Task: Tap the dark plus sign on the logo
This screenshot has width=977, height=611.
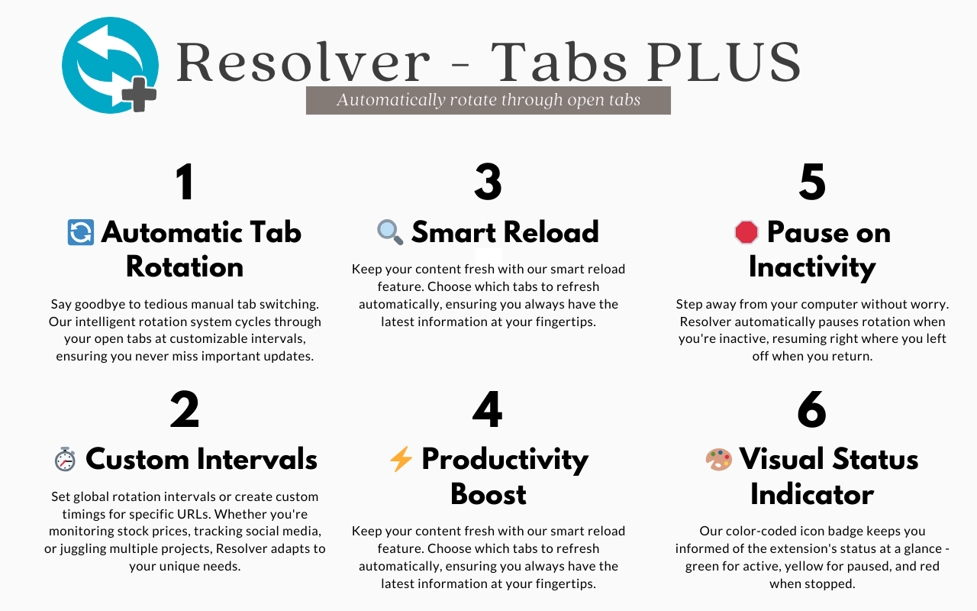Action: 139,95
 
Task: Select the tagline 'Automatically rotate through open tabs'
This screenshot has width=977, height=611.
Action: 488,100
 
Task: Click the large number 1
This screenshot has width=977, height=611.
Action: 185,183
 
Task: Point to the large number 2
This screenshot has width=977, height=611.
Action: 185,410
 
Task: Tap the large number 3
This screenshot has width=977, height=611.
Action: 488,183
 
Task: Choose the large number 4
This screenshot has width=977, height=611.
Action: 488,410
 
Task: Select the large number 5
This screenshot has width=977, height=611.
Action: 812,183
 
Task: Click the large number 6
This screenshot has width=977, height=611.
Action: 812,410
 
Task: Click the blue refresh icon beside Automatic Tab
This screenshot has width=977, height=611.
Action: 81,232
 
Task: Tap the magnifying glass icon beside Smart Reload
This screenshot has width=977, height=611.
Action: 390,232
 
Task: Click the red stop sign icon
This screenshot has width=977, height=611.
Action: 746,232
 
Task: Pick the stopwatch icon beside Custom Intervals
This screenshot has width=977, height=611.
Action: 65,459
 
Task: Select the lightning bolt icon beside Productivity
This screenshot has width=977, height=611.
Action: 401,459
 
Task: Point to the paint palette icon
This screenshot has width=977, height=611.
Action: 718,459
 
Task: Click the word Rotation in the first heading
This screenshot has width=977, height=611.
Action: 185,267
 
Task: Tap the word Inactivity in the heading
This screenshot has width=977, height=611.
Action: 812,267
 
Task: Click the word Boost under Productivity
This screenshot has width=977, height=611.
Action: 488,494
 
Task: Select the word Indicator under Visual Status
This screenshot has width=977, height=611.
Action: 812,494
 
